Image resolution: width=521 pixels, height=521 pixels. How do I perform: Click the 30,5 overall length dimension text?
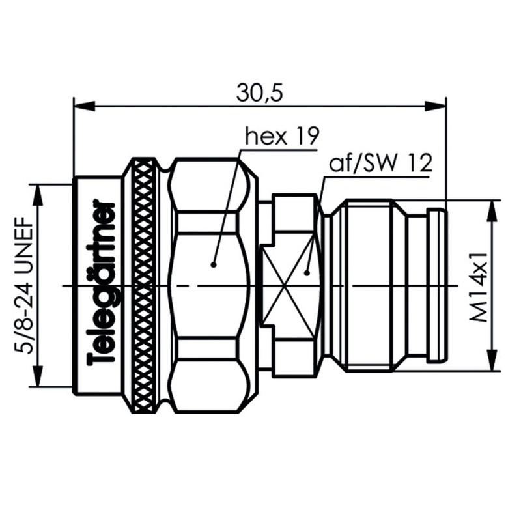(259, 93)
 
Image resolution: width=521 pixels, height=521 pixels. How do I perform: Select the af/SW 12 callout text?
(381, 163)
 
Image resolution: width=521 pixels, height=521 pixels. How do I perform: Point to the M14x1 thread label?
(480, 285)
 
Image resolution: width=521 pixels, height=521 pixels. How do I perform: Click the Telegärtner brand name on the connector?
(102, 285)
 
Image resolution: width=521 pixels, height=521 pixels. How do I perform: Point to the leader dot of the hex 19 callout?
(213, 264)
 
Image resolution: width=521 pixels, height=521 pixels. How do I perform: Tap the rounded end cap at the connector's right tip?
(436, 285)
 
